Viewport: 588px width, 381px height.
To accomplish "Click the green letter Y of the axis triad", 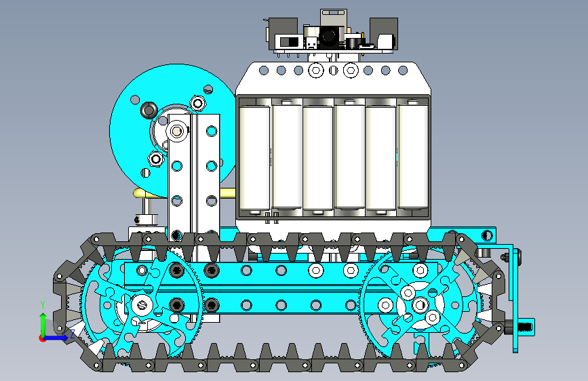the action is [x=43, y=304].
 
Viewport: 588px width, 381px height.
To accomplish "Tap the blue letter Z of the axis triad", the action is [x=73, y=333].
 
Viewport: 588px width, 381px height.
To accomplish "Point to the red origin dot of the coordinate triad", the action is [x=42, y=338].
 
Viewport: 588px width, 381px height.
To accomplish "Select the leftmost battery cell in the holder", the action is [x=254, y=157].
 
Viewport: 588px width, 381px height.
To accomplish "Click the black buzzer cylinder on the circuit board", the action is [x=353, y=41].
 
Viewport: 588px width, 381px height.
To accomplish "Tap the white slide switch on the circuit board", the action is [x=289, y=41].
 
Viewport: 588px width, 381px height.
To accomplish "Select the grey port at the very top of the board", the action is [x=332, y=17].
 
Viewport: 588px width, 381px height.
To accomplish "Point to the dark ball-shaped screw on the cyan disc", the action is [x=149, y=110].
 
